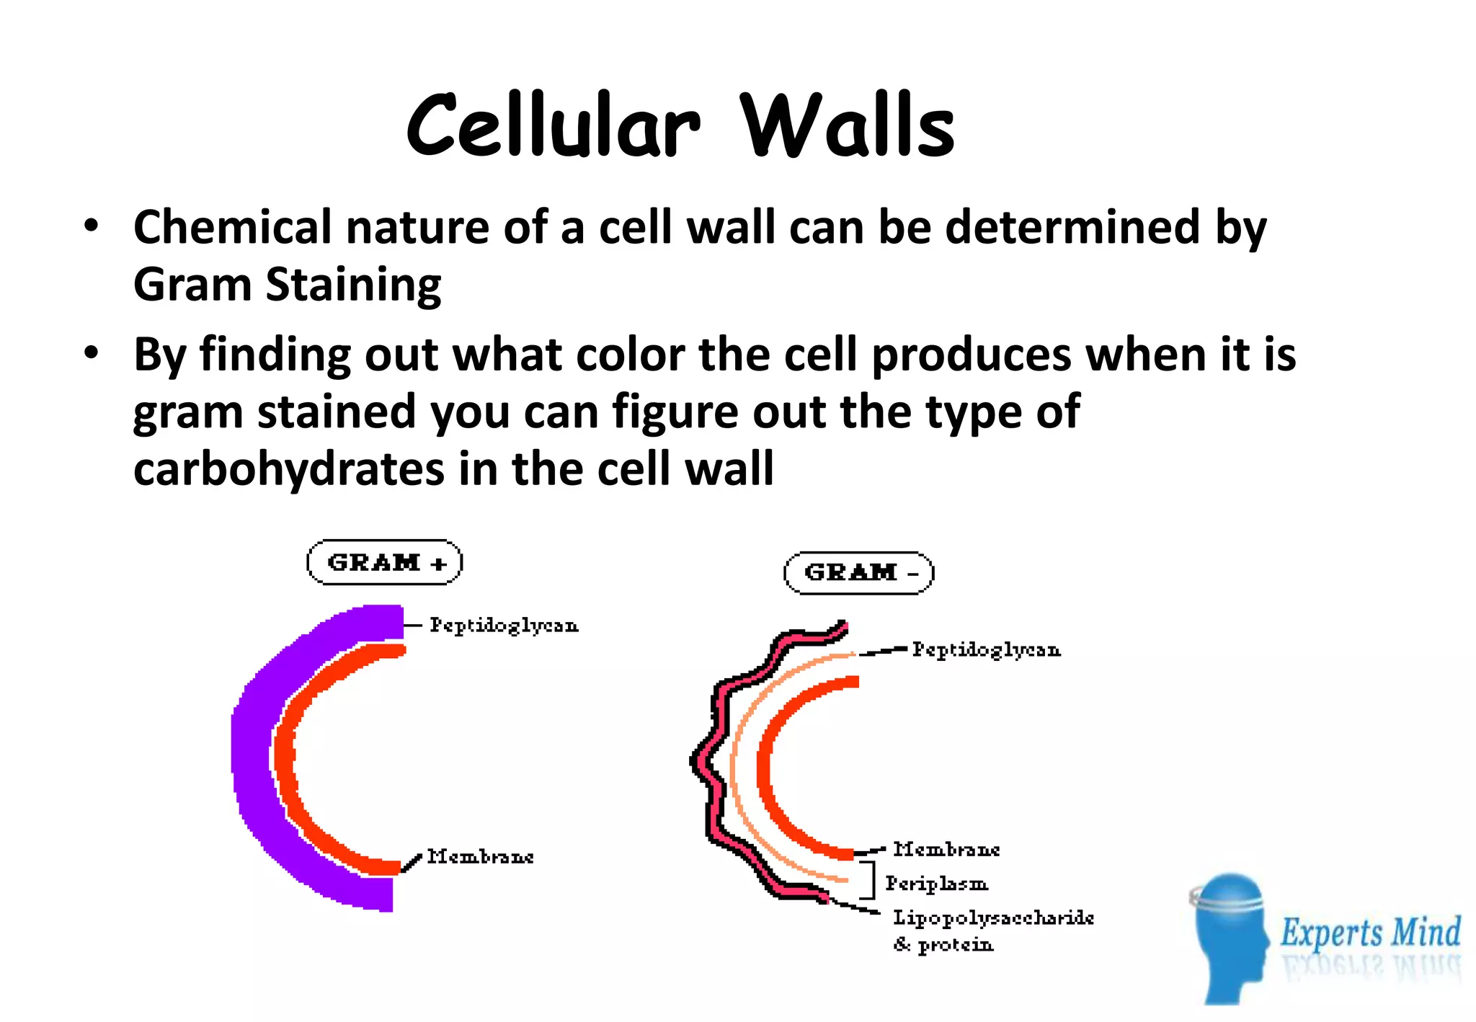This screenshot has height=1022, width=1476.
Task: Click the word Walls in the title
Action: coord(848,126)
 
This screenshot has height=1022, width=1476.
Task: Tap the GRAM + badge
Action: coord(384,562)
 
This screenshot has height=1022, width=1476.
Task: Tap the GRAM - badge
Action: coord(858,573)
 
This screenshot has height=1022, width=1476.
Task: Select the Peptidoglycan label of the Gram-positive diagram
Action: coord(504,626)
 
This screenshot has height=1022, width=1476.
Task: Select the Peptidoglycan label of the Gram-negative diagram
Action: coord(986,650)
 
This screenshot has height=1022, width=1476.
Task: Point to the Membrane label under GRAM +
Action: coord(480,857)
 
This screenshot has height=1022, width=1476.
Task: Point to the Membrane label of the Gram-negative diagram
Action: coord(946,850)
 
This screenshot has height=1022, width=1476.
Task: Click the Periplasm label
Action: coord(936,884)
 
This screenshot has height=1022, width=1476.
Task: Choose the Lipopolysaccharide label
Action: coord(993,918)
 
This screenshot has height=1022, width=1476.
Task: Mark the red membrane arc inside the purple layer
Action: coord(285,757)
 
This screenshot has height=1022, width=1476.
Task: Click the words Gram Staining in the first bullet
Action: coord(287,285)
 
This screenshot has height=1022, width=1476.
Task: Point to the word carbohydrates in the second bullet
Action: coord(289,469)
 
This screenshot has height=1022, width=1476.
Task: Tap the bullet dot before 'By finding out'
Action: coord(91,354)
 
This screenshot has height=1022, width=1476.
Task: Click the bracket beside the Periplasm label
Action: coord(871,880)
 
